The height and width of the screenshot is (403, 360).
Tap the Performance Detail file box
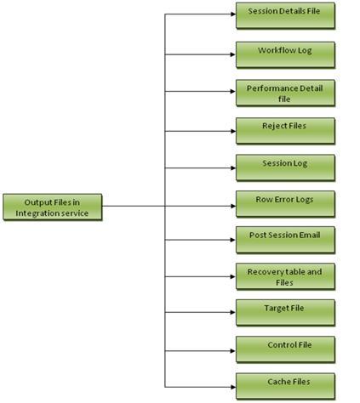point(285,93)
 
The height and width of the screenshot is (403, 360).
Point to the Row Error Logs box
point(285,204)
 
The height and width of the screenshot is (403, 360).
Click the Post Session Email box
point(285,240)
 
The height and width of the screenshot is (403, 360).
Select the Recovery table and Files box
point(285,276)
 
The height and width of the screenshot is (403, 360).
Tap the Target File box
point(285,312)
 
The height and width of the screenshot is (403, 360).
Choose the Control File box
point(285,349)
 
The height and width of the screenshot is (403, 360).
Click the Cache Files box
point(285,385)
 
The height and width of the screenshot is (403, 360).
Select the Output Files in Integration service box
point(52,207)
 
